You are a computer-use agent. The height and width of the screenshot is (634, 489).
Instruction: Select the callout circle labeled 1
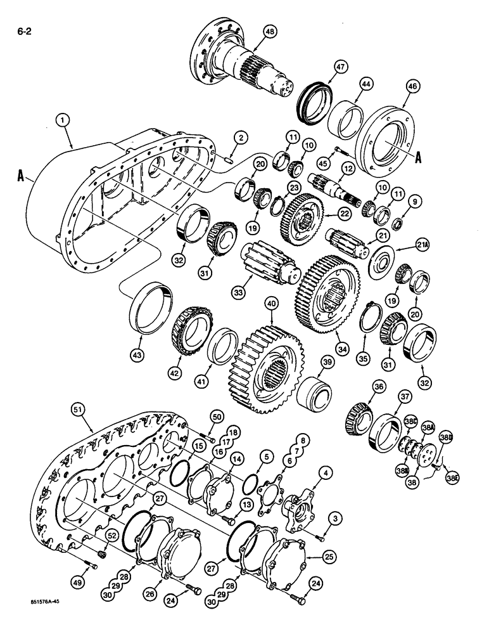tap(61, 119)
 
